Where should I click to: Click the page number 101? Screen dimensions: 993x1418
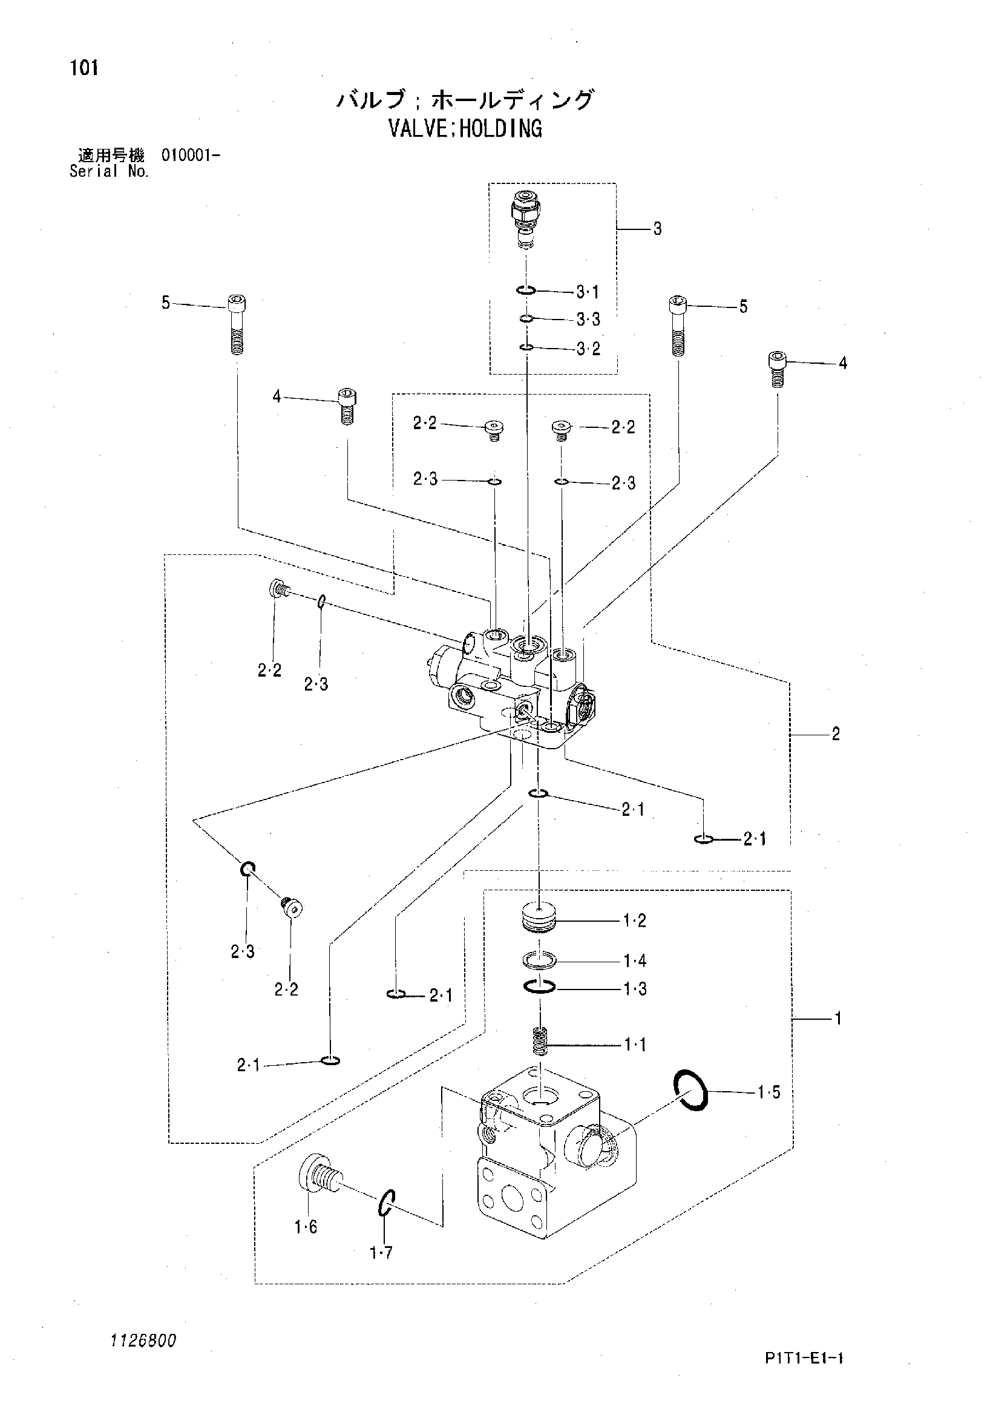84,68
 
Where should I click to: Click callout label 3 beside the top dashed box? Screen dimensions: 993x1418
658,229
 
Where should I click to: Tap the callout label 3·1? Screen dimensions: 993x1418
588,292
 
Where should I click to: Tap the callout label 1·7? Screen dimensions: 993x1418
382,1253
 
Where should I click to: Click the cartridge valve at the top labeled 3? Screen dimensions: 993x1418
524,220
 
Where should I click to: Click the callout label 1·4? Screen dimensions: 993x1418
635,961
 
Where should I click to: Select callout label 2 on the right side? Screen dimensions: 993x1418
836,734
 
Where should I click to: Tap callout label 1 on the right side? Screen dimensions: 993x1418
838,1019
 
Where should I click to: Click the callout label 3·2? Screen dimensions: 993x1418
589,349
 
